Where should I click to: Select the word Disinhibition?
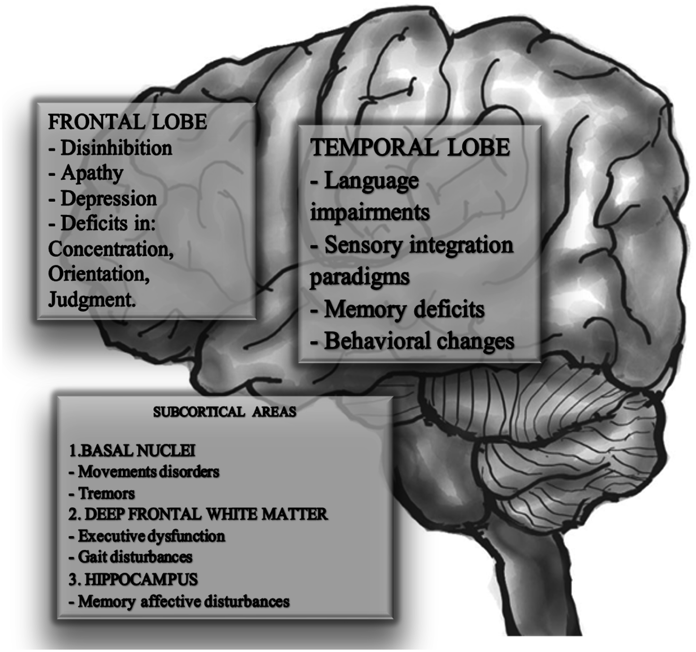tap(116, 148)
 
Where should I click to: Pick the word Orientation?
tap(99, 274)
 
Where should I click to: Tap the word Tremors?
tap(106, 493)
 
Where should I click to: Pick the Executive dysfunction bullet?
tap(151, 536)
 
